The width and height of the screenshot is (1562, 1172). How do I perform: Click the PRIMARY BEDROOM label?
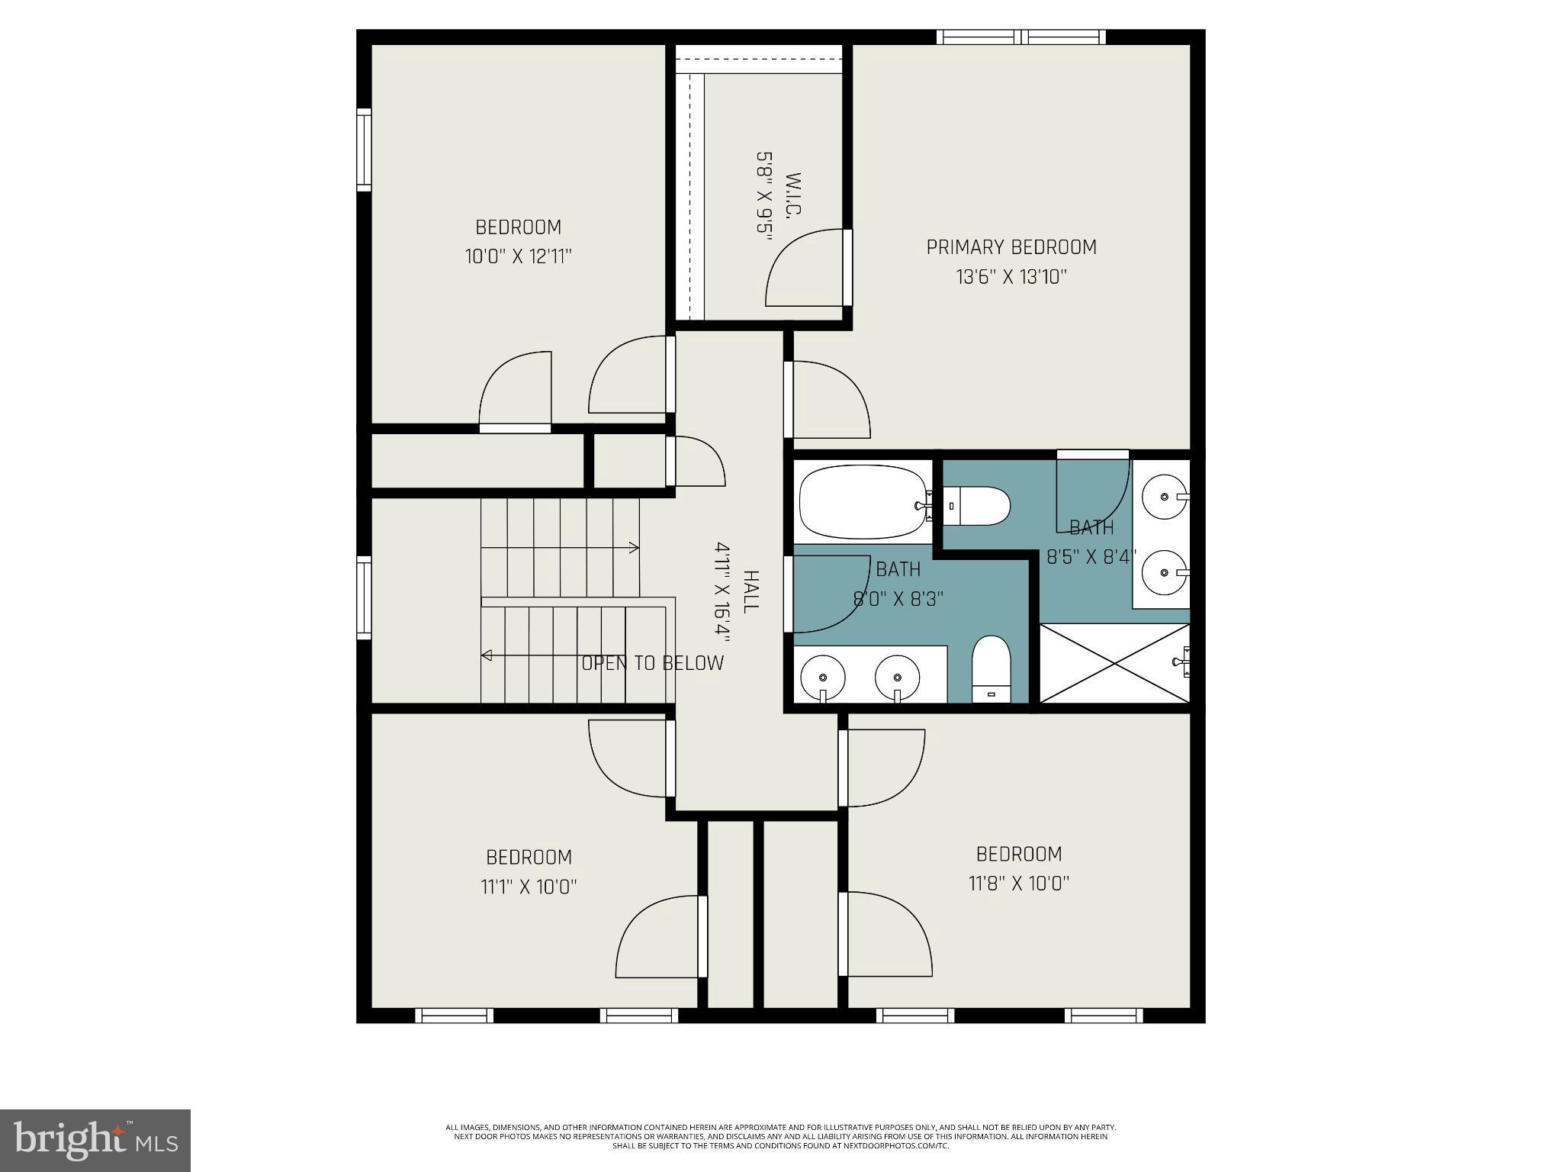point(1011,247)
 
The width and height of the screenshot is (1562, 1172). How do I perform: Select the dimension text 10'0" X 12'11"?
point(518,256)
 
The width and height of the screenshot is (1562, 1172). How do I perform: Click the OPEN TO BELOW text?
point(652,663)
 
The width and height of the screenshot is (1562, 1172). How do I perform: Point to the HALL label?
point(750,591)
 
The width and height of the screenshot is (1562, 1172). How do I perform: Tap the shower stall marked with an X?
point(1114,662)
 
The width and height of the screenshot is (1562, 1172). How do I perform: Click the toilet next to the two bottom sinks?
point(991,669)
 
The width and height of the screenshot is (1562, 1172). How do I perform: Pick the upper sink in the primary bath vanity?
point(1165,497)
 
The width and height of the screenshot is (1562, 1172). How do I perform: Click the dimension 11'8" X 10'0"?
point(1018,884)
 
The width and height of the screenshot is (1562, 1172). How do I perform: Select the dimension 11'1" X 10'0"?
point(529,887)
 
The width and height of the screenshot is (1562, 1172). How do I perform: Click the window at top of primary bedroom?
point(1020,37)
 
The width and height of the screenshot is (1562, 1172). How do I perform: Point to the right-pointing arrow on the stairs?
point(632,547)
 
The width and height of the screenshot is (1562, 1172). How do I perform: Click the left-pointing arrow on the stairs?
point(487,655)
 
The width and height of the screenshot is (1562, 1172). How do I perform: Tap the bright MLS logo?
point(95,1139)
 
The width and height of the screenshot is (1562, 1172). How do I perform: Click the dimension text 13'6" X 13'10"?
point(1011,277)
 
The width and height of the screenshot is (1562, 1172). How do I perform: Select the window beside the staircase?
point(365,597)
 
